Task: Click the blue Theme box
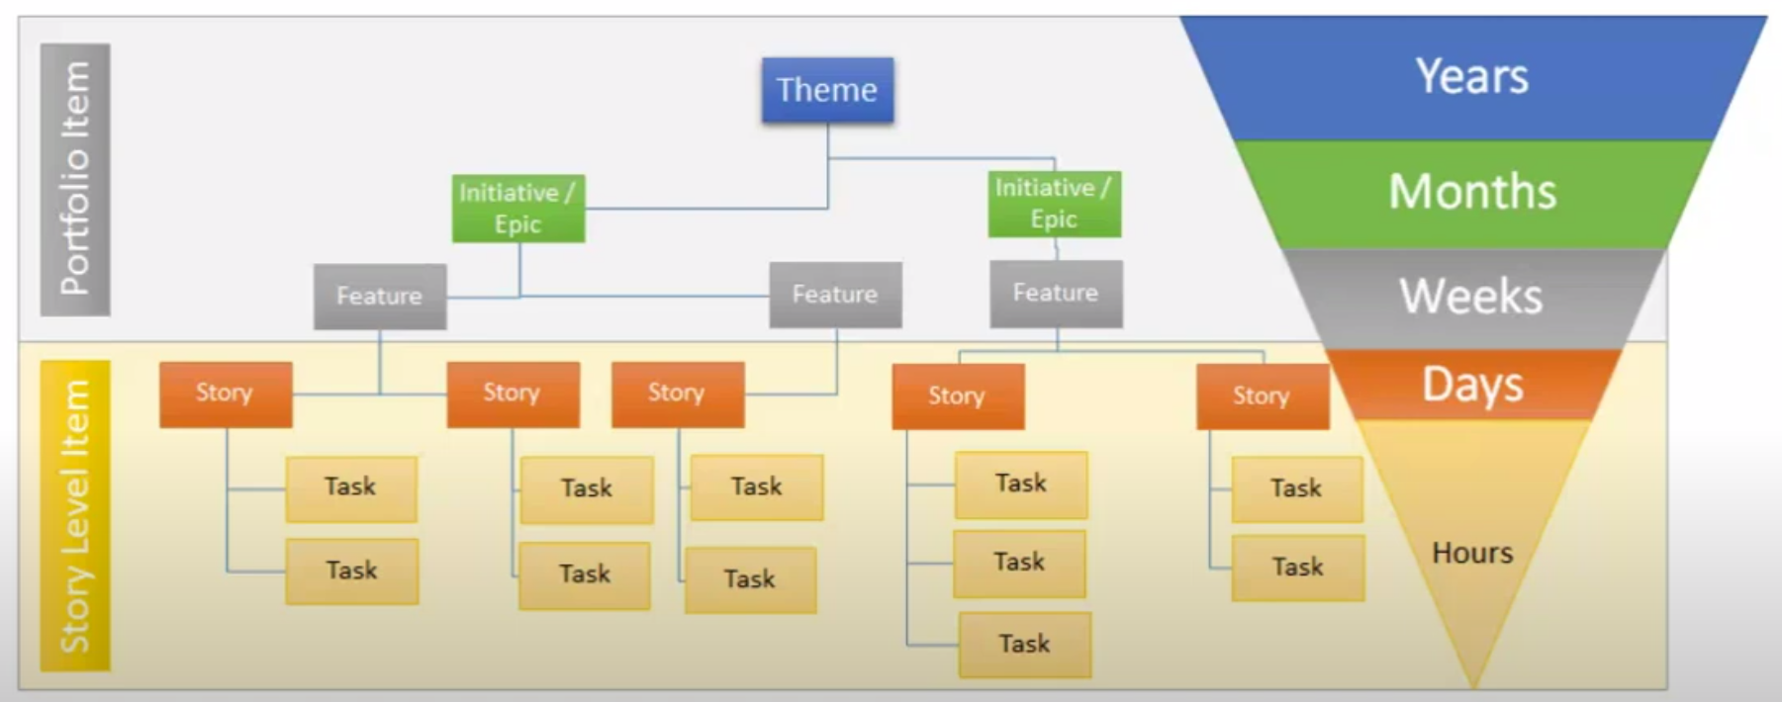point(827,90)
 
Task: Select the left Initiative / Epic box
point(518,208)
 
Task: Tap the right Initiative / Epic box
point(1055,204)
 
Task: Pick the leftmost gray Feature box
point(380,296)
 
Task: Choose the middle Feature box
point(836,295)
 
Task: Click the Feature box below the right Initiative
point(1057,294)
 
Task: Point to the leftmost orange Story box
point(226,394)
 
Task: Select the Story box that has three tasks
point(958,396)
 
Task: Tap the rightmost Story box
point(1263,396)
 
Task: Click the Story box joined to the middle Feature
point(678,394)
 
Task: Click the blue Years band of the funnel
point(1472,77)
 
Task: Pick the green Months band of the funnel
point(1472,193)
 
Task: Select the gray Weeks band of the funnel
point(1472,297)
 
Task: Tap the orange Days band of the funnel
point(1472,384)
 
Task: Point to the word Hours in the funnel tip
point(1472,553)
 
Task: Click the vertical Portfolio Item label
point(75,179)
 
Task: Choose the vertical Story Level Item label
point(75,516)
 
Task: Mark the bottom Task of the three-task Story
point(1025,645)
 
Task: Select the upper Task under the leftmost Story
point(351,488)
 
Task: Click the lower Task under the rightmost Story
point(1298,568)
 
